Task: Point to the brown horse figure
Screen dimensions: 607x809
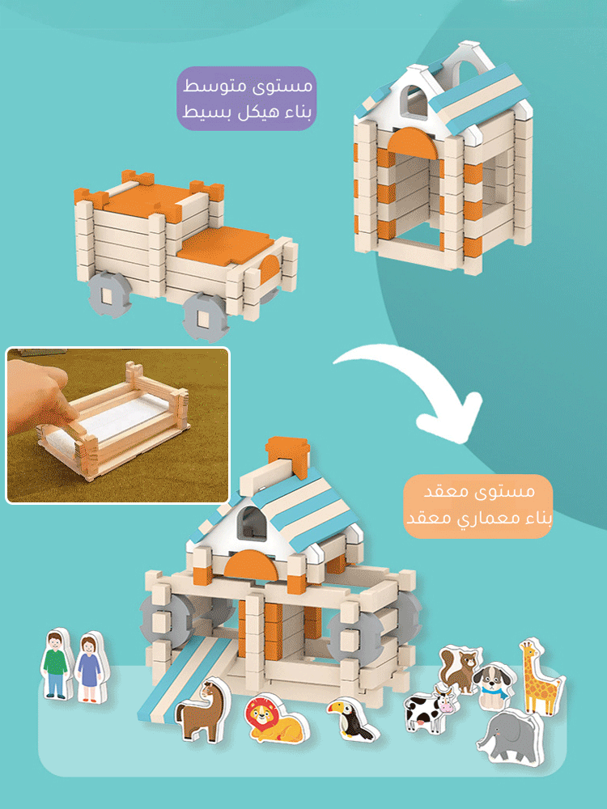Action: coord(203,710)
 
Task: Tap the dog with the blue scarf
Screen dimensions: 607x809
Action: coord(492,686)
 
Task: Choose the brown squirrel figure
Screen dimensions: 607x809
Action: coord(460,668)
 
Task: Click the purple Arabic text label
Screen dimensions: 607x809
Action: coord(247,98)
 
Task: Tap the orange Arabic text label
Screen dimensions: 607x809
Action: coord(478,506)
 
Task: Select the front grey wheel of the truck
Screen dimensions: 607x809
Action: coord(206,316)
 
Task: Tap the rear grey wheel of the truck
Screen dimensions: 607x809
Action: coord(109,294)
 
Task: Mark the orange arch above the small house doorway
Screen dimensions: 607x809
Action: coord(412,143)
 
